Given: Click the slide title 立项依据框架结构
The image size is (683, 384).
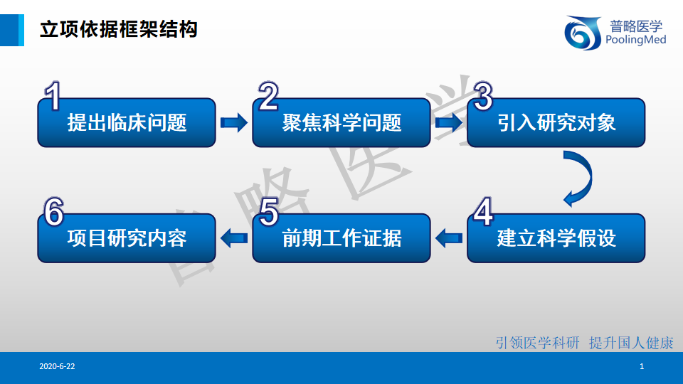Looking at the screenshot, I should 119,30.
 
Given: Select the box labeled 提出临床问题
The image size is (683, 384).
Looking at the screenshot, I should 127,124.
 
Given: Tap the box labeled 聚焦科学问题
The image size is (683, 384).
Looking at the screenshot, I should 341,124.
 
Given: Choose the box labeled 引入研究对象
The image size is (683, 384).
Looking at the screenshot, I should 556,124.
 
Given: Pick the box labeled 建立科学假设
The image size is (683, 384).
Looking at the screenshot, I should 556,238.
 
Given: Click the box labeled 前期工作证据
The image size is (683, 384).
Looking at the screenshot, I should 341,238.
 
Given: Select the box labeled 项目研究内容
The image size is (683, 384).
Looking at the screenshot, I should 127,238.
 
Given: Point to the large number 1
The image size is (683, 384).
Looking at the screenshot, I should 53,96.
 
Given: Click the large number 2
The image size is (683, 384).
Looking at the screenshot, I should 268,96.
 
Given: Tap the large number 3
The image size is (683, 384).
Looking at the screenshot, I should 483,96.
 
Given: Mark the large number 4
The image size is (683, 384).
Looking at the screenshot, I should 483,211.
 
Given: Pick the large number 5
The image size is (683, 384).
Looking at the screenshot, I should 268,211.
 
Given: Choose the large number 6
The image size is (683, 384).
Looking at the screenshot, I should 53,211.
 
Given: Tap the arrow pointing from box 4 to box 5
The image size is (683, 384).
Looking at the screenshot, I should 449,238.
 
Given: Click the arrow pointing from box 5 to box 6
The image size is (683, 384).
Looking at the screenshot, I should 233,238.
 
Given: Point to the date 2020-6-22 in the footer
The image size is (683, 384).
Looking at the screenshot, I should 57,367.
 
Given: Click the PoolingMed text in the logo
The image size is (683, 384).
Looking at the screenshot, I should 635,41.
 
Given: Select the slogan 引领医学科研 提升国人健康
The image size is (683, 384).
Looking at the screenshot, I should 584,343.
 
